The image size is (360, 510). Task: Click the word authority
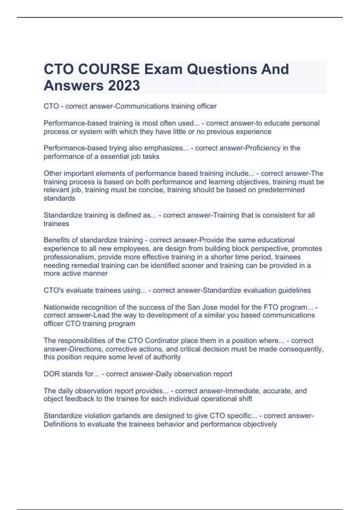[x=168, y=357]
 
